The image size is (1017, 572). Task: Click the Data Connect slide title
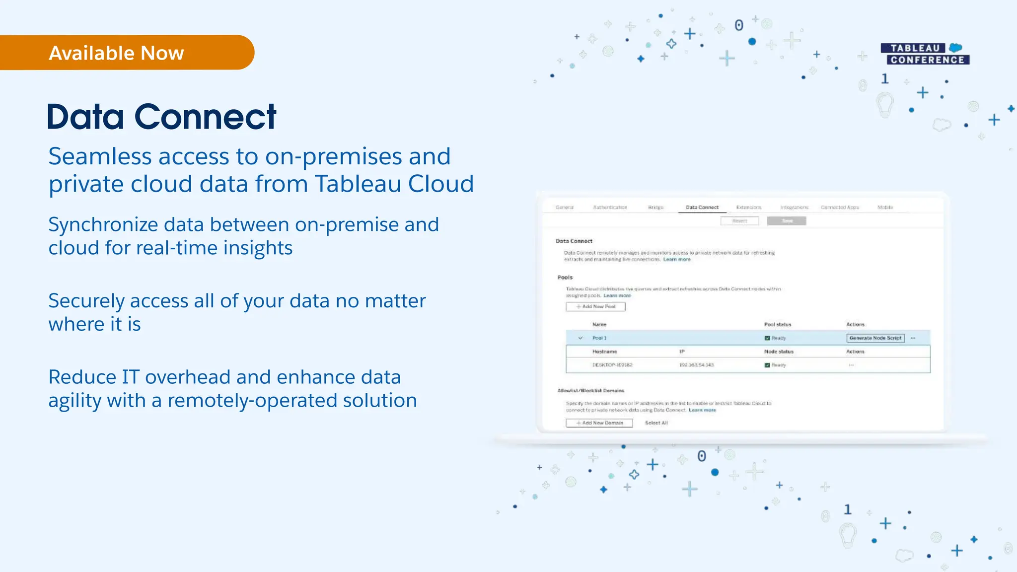pos(161,117)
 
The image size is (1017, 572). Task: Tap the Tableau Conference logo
pos(925,54)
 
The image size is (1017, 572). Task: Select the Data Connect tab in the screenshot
pos(702,208)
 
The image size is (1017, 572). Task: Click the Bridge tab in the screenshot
pos(655,208)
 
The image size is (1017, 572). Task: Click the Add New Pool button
pos(595,307)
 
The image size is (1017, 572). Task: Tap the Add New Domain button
pos(599,423)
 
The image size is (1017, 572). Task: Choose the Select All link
pos(656,423)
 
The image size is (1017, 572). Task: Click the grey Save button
pos(787,221)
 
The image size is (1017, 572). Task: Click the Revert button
pos(739,221)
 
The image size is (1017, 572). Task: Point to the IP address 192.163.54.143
pos(696,365)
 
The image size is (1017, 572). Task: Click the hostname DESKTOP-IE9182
pos(612,365)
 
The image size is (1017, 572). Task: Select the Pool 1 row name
pos(599,338)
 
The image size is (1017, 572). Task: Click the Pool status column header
pos(777,325)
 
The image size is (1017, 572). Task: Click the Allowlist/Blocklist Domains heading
pos(590,391)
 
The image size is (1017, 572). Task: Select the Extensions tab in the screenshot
pos(748,208)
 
